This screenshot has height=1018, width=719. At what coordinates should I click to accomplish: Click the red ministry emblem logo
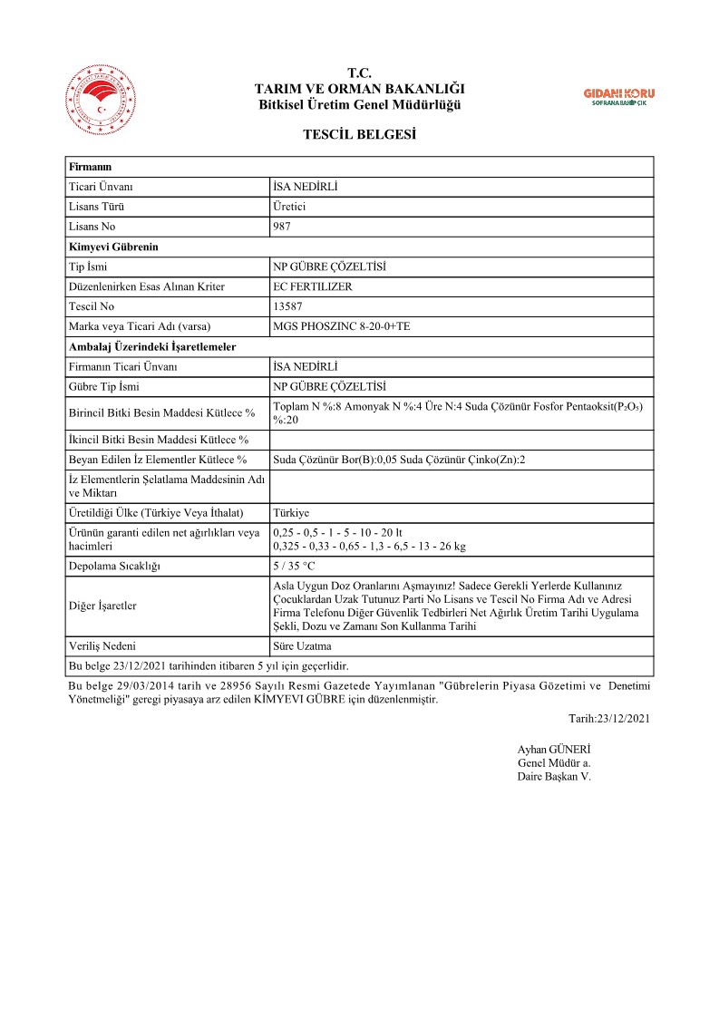click(99, 101)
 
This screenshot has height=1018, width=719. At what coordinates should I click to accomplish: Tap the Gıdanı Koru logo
click(619, 97)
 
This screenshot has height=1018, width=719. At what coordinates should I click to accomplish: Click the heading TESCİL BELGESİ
click(360, 135)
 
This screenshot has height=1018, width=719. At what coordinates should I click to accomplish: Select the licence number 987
click(282, 227)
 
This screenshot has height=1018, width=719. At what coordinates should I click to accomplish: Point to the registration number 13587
click(287, 306)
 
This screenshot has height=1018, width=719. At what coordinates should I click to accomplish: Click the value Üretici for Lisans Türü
click(290, 207)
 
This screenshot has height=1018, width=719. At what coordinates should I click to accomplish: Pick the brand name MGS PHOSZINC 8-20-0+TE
click(347, 326)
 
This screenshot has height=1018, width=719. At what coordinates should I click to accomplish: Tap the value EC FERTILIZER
click(313, 286)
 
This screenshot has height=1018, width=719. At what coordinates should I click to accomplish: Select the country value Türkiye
click(291, 512)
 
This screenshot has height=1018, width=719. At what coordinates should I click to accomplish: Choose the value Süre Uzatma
click(303, 646)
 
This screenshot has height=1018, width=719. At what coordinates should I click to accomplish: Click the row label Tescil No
click(92, 306)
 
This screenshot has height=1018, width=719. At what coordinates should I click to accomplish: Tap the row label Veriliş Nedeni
click(102, 646)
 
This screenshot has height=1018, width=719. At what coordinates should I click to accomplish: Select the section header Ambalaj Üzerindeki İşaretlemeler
click(153, 346)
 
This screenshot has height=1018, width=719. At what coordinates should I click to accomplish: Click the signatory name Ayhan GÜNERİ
click(553, 750)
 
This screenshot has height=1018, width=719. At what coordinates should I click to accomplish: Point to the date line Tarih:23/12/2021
click(609, 718)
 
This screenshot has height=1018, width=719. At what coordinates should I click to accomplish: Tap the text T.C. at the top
click(360, 73)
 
